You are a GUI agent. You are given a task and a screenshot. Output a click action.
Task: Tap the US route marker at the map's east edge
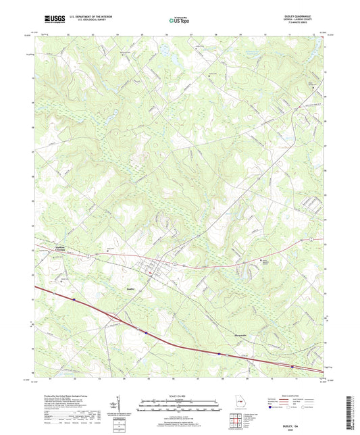310,239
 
